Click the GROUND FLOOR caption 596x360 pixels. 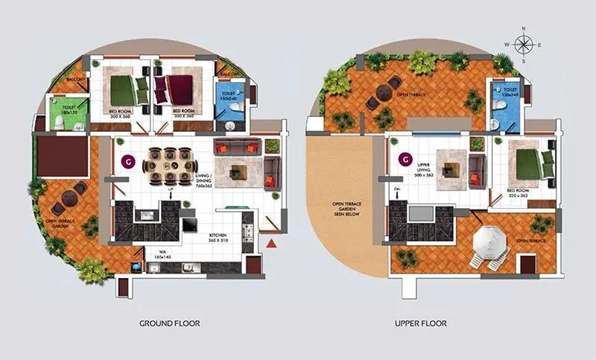(x=169, y=323)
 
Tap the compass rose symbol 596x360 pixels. (x=523, y=45)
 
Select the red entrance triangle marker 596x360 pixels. (x=272, y=243)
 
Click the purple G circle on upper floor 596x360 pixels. (x=405, y=159)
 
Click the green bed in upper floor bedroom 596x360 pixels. (x=531, y=162)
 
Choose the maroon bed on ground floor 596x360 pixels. (x=180, y=91)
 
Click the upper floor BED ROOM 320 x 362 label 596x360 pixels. (x=518, y=192)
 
